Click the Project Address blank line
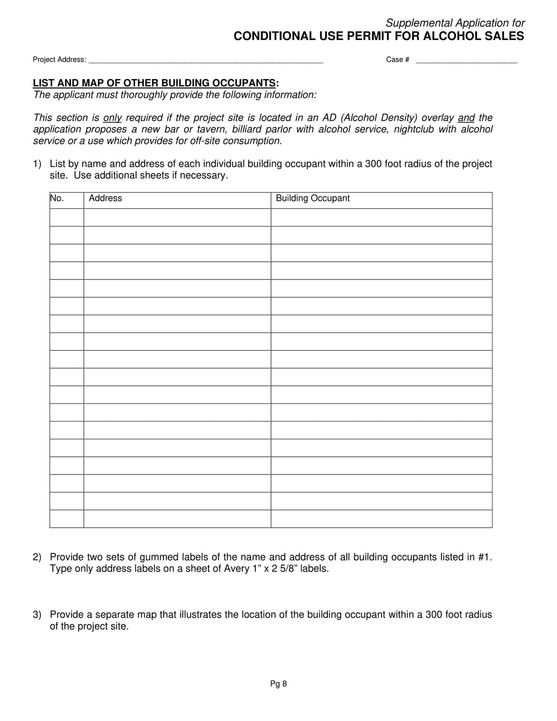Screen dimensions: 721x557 pos(206,60)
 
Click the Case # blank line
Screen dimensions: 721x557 pos(466,60)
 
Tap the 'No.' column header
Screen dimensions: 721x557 pos(57,198)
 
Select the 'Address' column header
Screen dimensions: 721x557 pos(105,198)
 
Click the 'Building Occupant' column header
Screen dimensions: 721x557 pos(312,198)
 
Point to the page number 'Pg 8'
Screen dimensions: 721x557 pos(278,683)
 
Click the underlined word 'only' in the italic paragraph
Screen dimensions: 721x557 pos(112,118)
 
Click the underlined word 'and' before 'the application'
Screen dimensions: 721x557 pos(466,118)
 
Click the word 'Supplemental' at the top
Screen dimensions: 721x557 pos(418,23)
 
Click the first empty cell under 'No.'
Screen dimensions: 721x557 pos(67,217)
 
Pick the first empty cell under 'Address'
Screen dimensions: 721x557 pos(177,217)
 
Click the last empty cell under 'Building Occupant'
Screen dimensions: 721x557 pos(381,519)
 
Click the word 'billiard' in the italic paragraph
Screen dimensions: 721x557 pos(247,130)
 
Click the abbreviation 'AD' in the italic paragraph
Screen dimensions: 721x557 pos(330,118)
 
